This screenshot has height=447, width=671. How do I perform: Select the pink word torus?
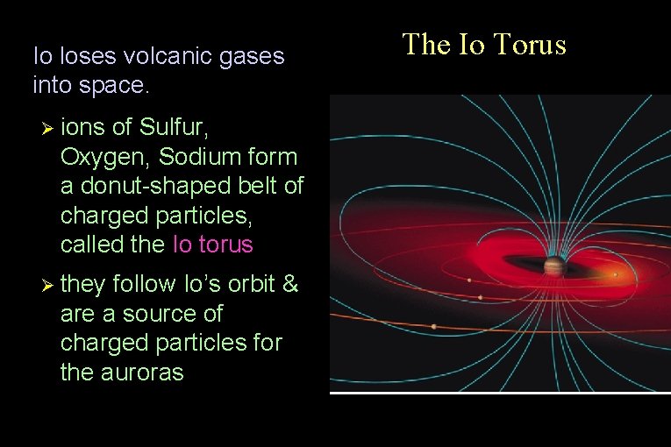[x=224, y=245]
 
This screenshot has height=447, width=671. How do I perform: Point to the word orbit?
[x=246, y=285]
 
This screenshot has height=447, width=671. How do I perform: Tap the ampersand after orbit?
[x=290, y=285]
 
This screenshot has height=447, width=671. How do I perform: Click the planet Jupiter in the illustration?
[x=553, y=266]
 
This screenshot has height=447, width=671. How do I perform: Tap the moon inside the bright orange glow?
[x=615, y=274]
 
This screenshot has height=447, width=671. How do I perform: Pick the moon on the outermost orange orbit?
[x=433, y=327]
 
